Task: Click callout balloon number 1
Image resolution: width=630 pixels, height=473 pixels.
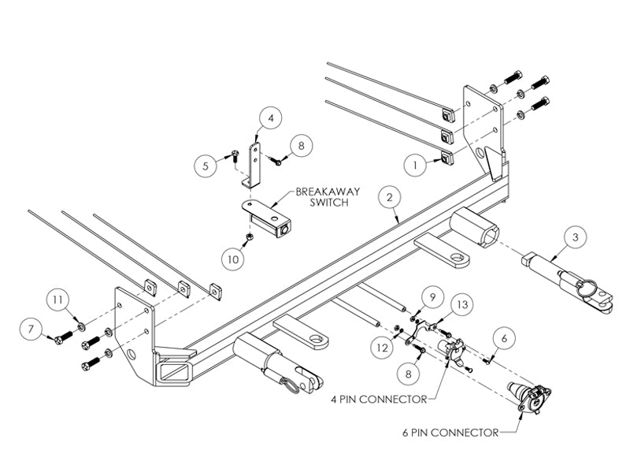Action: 416,165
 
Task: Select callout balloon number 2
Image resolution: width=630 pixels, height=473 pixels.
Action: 389,197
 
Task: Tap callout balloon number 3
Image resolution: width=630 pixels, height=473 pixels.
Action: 576,237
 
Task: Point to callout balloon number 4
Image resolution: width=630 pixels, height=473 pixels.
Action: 270,118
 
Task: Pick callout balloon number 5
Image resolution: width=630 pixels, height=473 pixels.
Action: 206,166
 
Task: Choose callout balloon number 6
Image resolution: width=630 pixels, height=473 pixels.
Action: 504,339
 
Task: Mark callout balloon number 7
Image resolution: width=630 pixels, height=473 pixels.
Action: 31,330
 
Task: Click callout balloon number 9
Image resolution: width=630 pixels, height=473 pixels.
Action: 432,297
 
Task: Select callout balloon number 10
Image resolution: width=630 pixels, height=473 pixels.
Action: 233,259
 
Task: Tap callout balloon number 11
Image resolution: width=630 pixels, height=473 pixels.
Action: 57,300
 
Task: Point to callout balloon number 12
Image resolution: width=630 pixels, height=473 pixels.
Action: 382,347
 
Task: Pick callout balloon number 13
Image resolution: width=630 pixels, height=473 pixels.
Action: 462,304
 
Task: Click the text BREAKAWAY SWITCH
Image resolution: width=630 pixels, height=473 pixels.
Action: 328,196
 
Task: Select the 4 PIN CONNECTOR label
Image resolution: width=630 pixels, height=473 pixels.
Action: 379,400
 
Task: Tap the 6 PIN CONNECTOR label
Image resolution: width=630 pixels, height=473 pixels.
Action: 450,433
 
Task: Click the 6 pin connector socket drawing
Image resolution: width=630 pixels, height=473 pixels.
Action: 529,397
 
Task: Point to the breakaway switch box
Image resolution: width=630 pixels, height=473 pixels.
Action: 267,218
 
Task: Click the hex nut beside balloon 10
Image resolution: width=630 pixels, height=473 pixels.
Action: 249,236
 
